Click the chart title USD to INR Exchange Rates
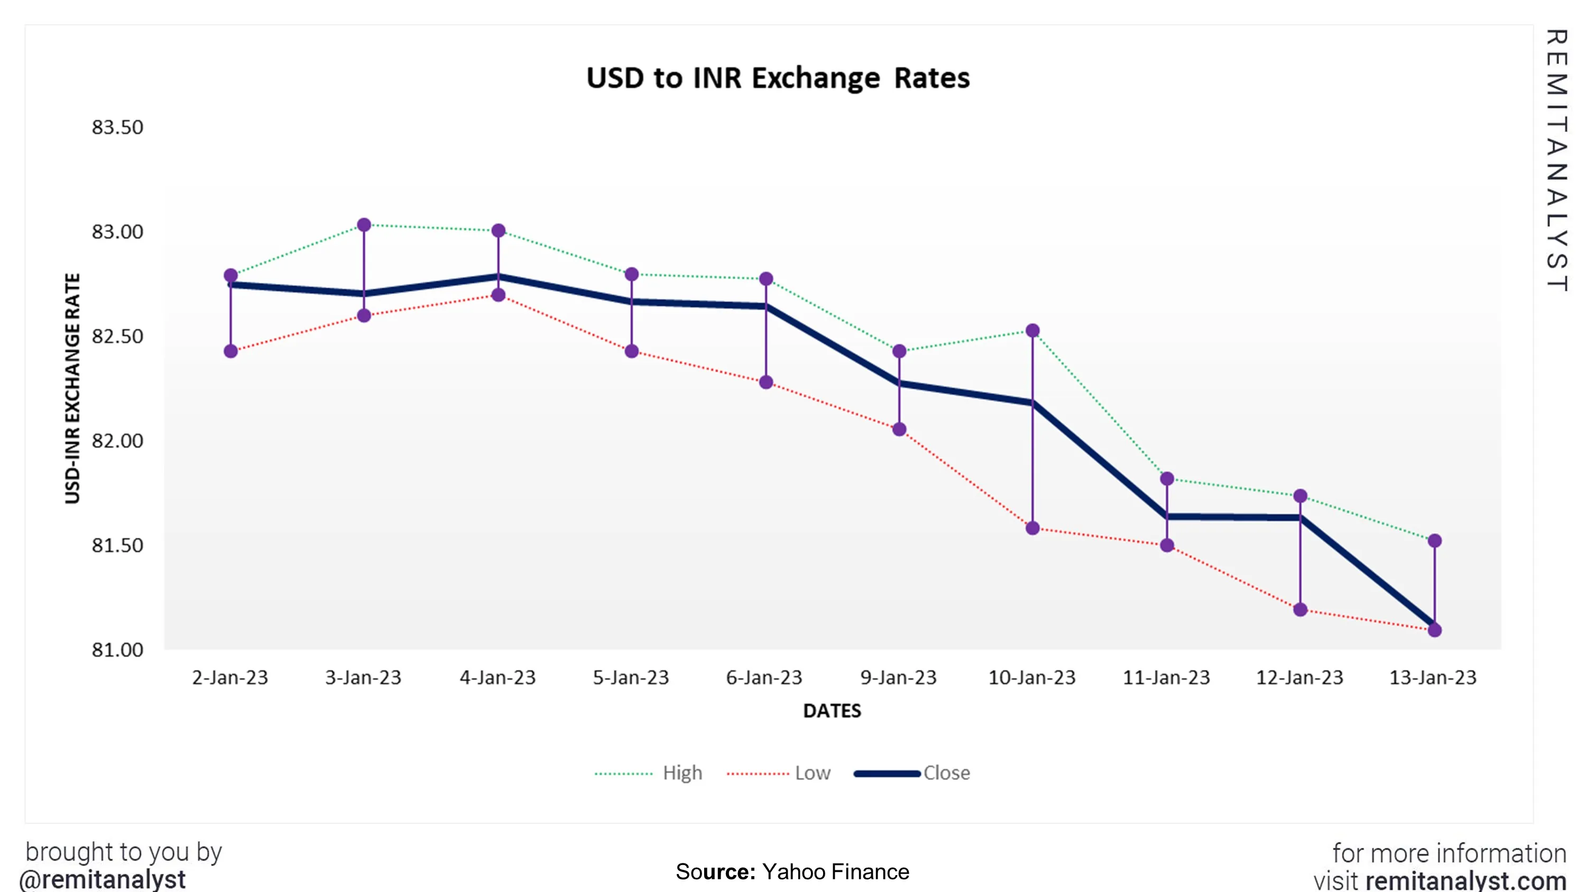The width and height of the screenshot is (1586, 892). (x=778, y=78)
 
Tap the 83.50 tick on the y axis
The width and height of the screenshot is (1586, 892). (x=117, y=127)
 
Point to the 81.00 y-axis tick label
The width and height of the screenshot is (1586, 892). (x=117, y=650)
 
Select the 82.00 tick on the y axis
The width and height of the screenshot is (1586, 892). (x=117, y=441)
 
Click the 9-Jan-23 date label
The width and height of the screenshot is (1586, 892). (x=898, y=678)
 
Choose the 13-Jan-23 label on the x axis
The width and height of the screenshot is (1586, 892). (x=1433, y=678)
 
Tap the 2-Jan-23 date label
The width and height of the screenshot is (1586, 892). (x=230, y=678)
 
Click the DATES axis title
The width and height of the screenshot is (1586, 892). (x=832, y=711)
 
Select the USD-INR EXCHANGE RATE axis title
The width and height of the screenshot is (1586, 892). (x=72, y=388)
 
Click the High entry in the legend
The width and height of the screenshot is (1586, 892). (x=682, y=773)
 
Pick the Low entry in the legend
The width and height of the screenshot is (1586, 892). (x=812, y=773)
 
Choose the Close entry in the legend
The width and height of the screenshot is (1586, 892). (x=946, y=773)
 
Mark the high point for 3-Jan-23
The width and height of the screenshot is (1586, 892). (x=364, y=225)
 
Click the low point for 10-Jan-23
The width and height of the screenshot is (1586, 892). (x=1032, y=528)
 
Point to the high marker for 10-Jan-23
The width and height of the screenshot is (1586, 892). (x=1032, y=331)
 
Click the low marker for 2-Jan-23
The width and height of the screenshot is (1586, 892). (x=231, y=351)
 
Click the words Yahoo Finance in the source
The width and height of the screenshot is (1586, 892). (x=835, y=872)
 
